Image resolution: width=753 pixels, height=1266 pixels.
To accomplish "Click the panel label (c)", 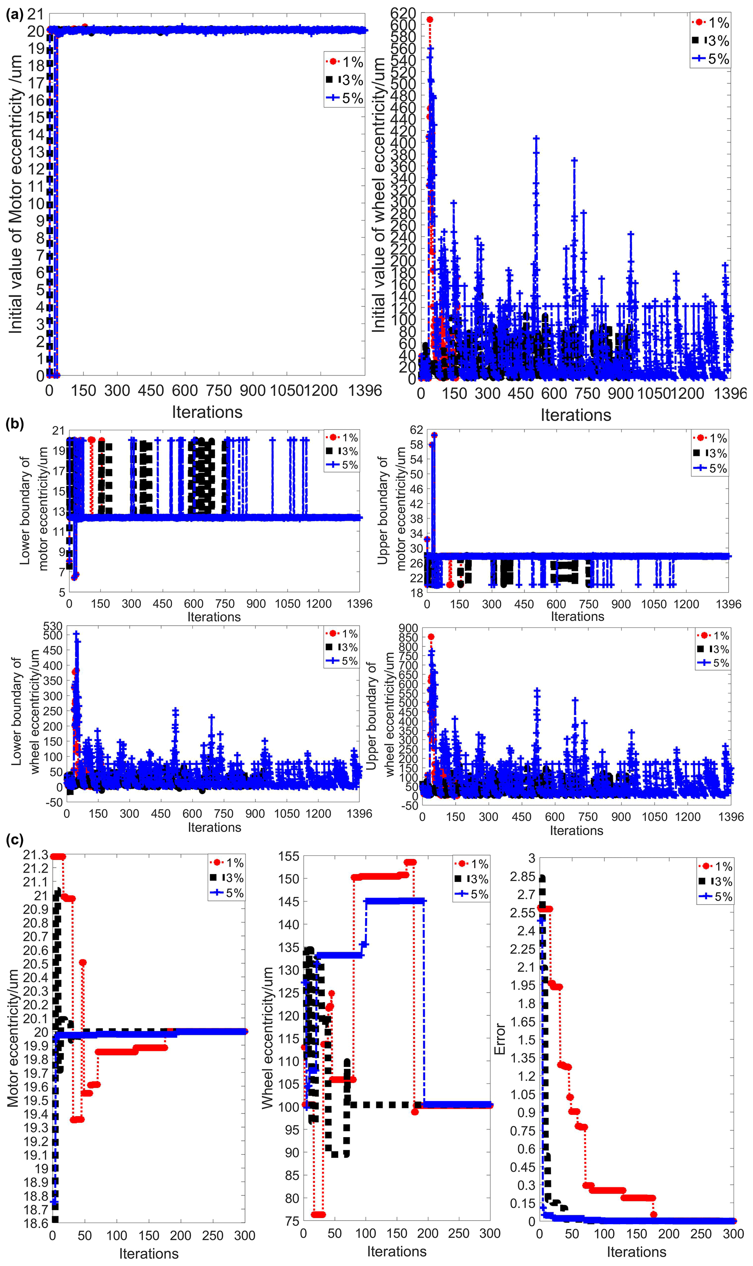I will click(x=15, y=840).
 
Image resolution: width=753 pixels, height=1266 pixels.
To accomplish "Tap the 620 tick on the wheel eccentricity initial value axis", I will click(x=403, y=13).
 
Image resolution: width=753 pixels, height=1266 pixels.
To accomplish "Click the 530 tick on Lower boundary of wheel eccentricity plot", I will click(x=53, y=627).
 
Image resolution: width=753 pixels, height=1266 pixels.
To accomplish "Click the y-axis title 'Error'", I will click(x=500, y=1039).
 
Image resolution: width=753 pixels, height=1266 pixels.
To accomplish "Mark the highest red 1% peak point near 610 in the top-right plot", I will click(x=430, y=20).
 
